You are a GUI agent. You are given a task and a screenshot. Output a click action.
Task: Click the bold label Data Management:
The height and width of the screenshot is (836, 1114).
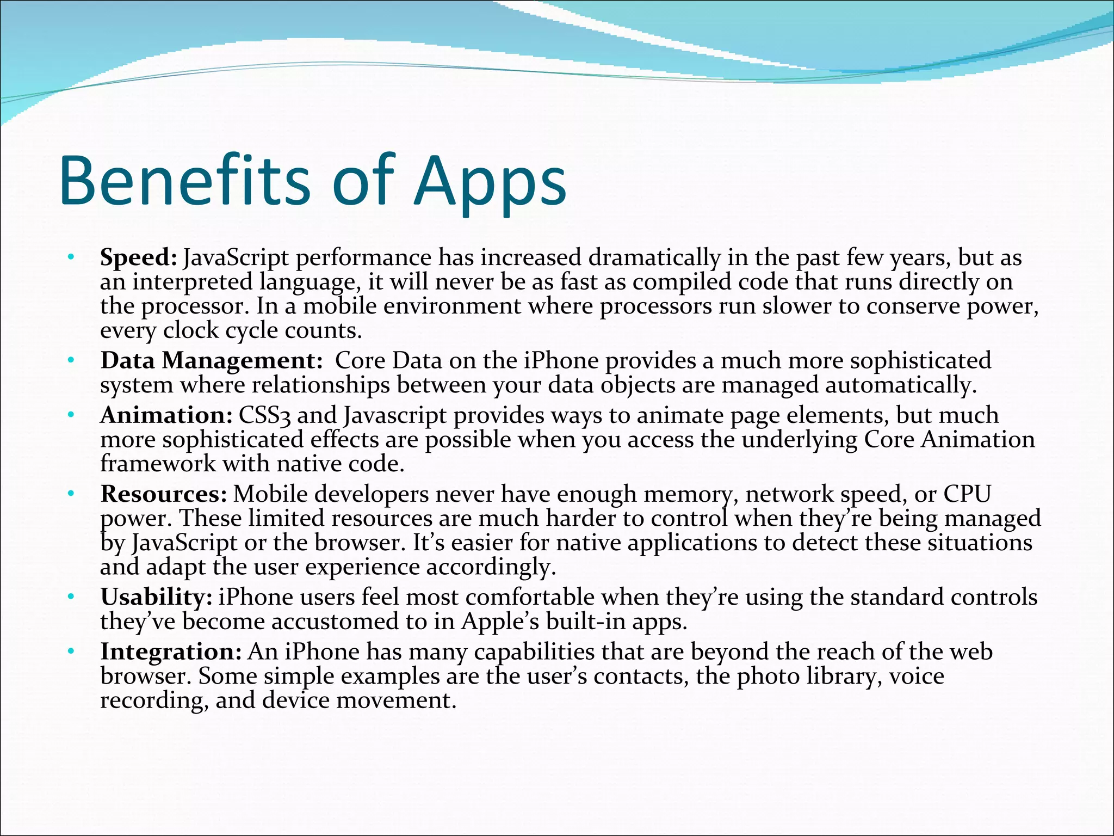[x=212, y=361]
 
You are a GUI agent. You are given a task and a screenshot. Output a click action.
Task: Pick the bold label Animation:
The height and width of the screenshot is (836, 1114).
[x=166, y=416]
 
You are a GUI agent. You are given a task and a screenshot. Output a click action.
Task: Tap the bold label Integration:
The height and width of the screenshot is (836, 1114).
[x=171, y=652]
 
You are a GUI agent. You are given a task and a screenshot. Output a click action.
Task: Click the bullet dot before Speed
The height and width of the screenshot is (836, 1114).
[x=70, y=257]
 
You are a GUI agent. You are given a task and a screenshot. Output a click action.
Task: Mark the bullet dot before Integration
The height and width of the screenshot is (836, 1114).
[x=70, y=651]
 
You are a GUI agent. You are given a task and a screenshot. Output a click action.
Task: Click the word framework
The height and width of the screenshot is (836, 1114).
[x=158, y=464]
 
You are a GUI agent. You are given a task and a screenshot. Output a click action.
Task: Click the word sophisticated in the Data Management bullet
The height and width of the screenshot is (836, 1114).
[x=920, y=361]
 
